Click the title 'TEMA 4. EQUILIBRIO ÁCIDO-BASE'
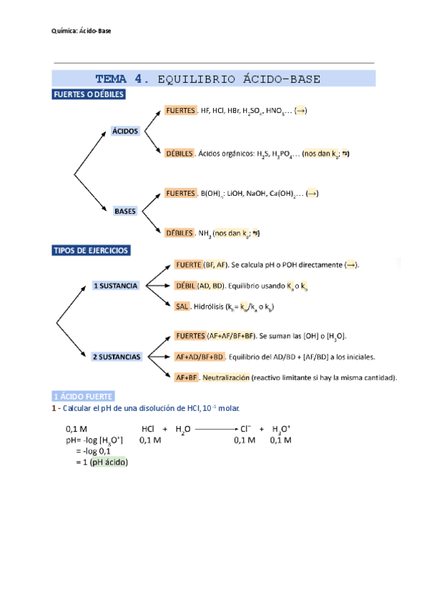point(208,79)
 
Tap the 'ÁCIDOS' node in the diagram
point(124,131)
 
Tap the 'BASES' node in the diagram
point(124,211)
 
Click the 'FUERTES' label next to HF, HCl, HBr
point(180,111)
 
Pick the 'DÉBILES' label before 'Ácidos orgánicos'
point(179,154)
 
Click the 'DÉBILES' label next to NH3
point(179,233)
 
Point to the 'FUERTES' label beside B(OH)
point(180,194)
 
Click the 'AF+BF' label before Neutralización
point(186,377)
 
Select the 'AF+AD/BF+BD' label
point(199,357)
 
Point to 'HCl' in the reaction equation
point(148,429)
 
